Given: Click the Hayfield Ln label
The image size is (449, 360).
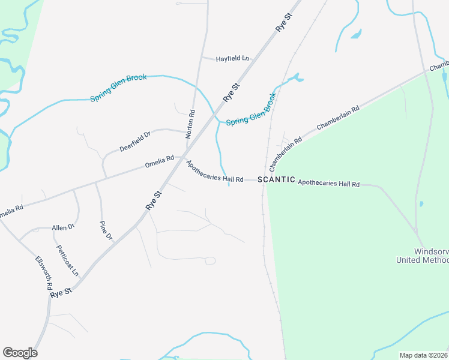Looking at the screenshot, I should click(x=234, y=58).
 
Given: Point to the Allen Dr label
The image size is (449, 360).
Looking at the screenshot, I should click(x=63, y=227).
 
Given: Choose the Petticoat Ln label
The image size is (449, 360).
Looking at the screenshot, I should click(x=68, y=260).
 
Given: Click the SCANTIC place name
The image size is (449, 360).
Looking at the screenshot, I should click(x=276, y=179).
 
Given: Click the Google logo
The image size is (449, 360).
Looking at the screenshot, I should click(x=20, y=353).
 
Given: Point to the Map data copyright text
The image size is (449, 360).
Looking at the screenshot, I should click(x=424, y=355).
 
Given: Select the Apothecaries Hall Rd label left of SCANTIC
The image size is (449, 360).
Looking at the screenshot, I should click(x=214, y=172).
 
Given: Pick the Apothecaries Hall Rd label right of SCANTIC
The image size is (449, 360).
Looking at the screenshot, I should click(x=328, y=183).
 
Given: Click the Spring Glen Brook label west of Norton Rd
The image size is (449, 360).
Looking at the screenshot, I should click(x=118, y=88).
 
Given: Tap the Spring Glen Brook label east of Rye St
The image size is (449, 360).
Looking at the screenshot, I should click(x=251, y=109).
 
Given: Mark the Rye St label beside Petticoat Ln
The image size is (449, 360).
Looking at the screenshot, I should click(x=61, y=293).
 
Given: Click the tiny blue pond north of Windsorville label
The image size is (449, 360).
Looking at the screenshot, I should click(x=421, y=204).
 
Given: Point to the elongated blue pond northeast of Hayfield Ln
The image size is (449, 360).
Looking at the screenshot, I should click(x=355, y=34).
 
